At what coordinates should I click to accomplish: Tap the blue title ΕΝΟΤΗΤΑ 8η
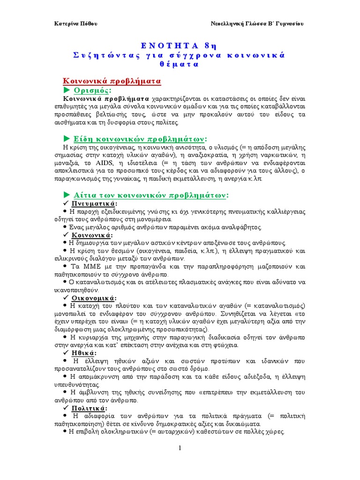(180, 45)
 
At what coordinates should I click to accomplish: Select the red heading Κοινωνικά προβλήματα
(112, 81)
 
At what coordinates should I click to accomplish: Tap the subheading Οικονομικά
(94, 298)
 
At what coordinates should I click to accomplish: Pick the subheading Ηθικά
(84, 352)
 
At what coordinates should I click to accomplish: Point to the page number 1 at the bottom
(180, 450)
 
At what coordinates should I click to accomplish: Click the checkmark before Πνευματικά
(66, 204)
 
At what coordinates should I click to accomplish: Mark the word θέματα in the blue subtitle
(180, 64)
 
